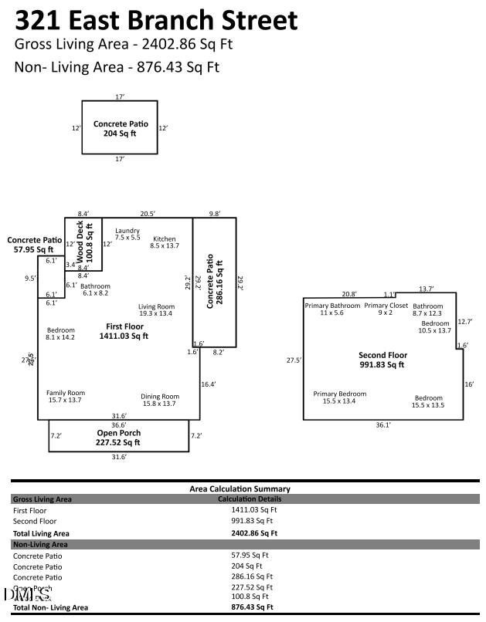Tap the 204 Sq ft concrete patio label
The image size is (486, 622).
pos(120,128)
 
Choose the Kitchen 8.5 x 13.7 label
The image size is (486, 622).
pos(165,242)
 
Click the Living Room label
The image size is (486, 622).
pos(156,310)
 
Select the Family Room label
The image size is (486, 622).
pos(66,397)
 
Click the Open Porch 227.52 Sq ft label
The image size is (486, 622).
pos(118,438)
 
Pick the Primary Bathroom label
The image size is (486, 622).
pos(332,309)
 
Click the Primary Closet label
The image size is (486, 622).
pos(386,309)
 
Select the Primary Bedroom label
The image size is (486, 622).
pos(340,397)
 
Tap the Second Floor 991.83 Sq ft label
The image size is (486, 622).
pos(382,360)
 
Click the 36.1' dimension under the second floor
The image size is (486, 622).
pos(382,424)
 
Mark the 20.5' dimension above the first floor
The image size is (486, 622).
pos(148,213)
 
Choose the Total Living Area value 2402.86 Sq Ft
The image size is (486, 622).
pos(253,532)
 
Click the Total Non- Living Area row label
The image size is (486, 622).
pos(51,607)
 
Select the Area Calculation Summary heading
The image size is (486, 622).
pos(240,488)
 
